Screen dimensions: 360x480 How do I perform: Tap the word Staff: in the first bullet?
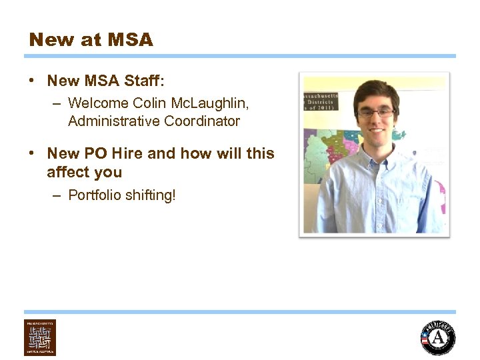(x=143, y=81)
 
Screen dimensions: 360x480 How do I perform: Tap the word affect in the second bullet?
(x=65, y=172)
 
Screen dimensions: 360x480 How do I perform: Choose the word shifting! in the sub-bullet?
(x=151, y=195)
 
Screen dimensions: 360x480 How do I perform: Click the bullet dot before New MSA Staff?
(x=32, y=81)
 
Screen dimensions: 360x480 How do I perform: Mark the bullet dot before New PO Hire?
(x=32, y=153)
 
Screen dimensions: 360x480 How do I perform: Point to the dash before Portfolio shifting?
(x=57, y=195)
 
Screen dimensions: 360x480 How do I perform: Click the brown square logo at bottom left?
(x=40, y=337)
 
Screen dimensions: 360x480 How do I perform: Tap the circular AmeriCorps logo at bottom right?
(x=437, y=338)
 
